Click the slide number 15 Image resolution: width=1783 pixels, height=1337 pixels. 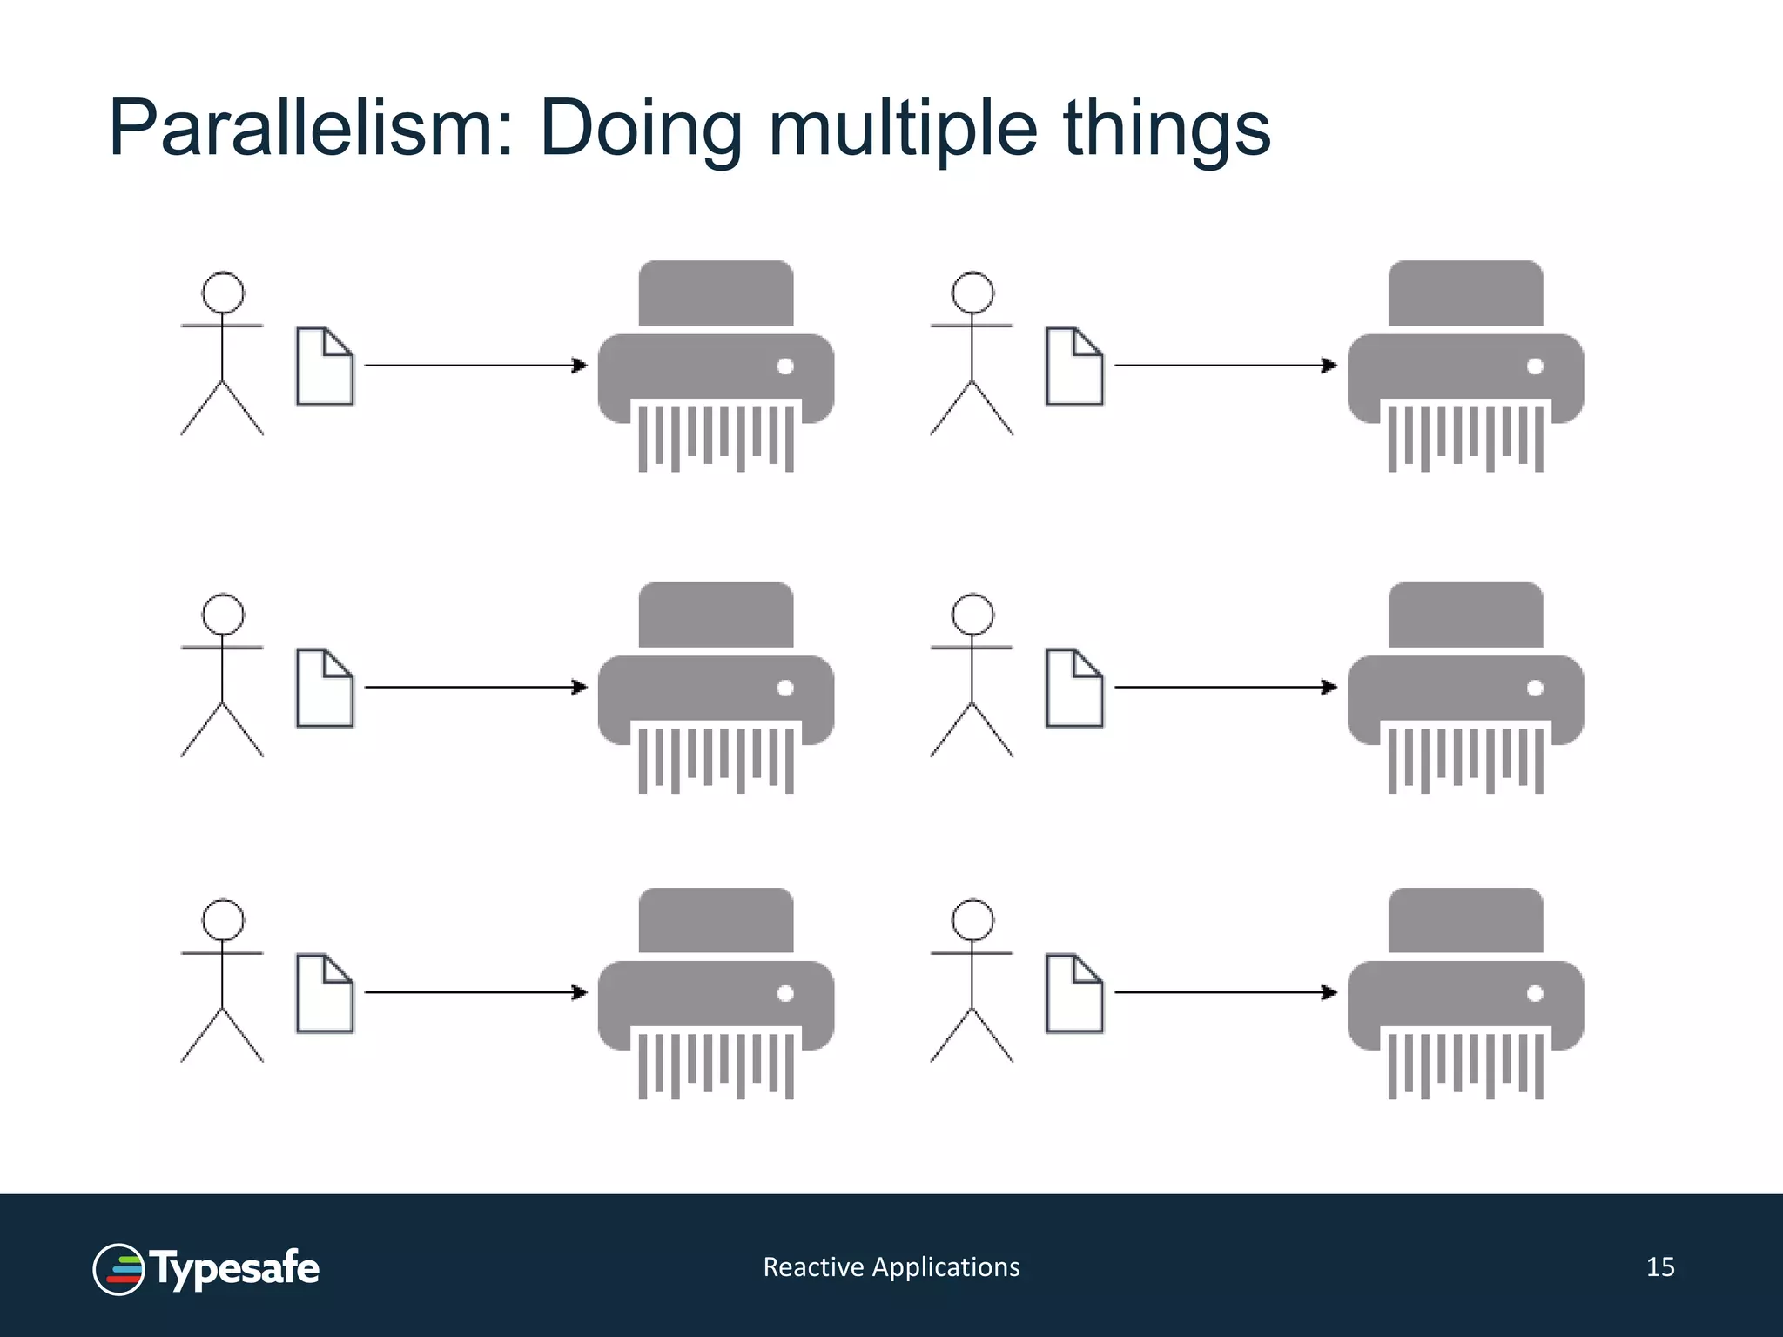1660,1266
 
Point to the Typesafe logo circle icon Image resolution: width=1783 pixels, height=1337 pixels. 118,1269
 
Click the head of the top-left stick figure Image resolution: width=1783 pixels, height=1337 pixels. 223,292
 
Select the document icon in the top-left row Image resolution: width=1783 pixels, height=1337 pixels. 325,366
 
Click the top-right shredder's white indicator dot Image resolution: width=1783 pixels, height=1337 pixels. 1535,366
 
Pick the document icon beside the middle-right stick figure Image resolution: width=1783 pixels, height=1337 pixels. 1074,688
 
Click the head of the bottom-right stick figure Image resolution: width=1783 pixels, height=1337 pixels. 972,920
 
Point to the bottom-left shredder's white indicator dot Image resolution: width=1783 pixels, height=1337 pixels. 785,993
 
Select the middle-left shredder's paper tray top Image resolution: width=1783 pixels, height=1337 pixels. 716,615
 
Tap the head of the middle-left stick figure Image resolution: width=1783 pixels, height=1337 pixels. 223,615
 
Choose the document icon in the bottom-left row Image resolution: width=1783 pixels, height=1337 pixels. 325,993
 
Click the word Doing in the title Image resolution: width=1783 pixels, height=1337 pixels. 641,130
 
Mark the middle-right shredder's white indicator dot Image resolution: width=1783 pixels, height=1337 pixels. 1535,688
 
